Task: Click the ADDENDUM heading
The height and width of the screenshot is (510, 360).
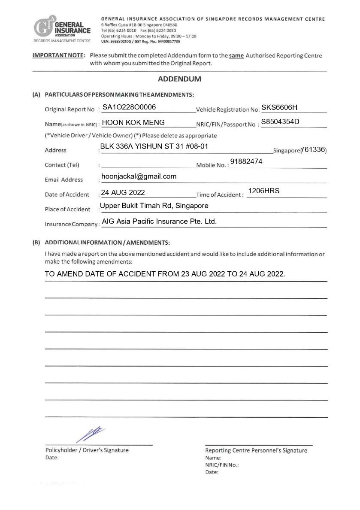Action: coord(179,79)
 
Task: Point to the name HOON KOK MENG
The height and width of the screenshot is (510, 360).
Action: coord(133,122)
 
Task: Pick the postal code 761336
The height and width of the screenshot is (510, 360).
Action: coord(313,149)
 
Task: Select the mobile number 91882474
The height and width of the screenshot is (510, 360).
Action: coord(246,161)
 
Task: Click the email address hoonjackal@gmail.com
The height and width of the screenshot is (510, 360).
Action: coord(139,176)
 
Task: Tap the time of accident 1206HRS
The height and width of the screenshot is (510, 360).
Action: coord(263,191)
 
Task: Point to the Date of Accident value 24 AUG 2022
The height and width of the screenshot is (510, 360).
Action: coord(123,192)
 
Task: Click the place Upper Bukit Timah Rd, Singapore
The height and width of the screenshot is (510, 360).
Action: coord(154,206)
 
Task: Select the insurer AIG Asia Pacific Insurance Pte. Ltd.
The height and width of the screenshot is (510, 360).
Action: coord(159,222)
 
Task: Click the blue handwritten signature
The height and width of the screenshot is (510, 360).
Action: coord(91,434)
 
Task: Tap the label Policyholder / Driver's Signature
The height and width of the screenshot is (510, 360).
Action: coord(87,450)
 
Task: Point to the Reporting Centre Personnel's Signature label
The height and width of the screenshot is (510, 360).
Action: coord(256,450)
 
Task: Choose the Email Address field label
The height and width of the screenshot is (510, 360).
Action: coord(64,179)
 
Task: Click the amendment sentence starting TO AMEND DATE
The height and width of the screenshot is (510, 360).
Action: coord(165,274)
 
